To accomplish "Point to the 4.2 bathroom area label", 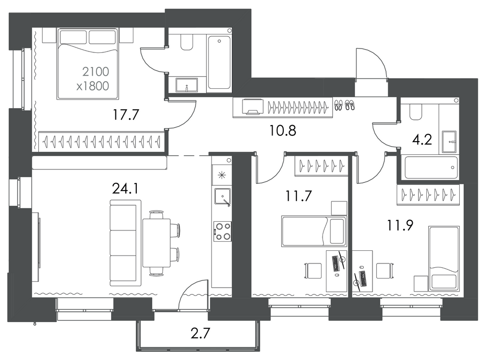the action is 421,140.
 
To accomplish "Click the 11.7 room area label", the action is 298,196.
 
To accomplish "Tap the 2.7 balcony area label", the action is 200,334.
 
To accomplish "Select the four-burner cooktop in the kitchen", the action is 222,231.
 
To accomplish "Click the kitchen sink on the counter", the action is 223,197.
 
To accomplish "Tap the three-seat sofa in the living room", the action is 125,243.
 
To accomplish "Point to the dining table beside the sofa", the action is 157,243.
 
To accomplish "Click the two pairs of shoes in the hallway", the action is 344,105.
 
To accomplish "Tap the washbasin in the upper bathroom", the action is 187,85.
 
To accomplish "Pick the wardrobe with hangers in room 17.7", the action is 101,142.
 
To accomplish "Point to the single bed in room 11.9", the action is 444,259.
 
